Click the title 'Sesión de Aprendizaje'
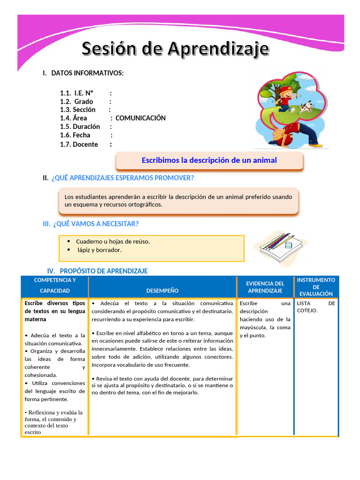(176, 49)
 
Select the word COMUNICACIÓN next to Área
(141, 118)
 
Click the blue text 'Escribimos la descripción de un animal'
(209, 160)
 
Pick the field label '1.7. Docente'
(79, 144)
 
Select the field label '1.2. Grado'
(76, 101)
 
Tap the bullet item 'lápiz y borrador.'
(99, 250)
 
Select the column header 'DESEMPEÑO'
(162, 291)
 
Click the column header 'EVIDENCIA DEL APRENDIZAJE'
(265, 287)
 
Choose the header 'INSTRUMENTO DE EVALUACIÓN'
(316, 286)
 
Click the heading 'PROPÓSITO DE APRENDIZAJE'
(104, 271)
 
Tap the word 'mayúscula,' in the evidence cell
(254, 327)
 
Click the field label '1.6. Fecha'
(75, 135)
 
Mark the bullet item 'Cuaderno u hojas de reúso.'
(113, 241)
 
